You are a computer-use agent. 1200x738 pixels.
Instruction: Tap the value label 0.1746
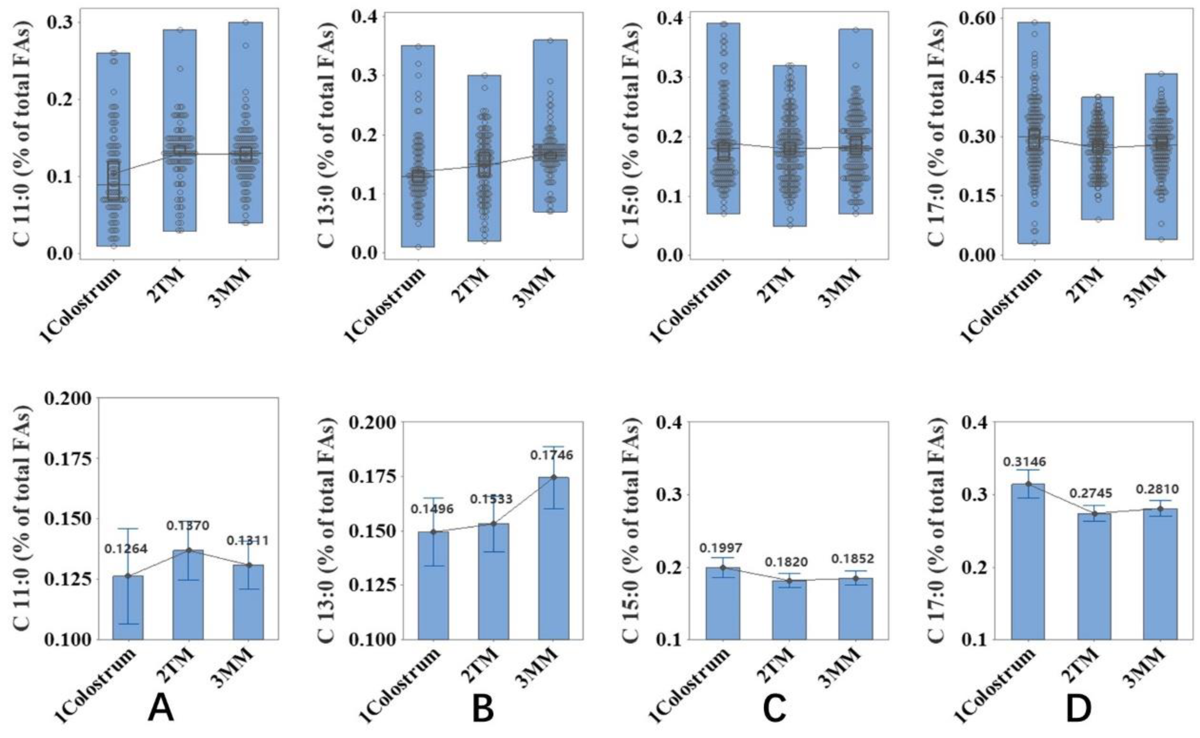coord(552,455)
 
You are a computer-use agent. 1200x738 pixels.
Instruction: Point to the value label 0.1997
coord(721,547)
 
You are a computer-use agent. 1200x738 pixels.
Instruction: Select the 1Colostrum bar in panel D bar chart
coord(1028,561)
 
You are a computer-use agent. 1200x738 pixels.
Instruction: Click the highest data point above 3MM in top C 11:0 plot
coord(246,22)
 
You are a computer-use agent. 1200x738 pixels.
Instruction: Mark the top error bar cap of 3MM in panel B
coord(553,446)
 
